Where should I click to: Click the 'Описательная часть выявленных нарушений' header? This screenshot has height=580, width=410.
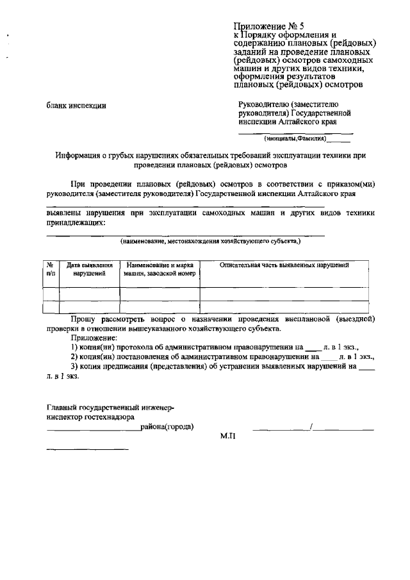pos(284,265)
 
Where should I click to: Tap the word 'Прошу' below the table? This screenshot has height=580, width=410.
pos(84,318)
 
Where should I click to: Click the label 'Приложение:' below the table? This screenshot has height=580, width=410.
pos(94,336)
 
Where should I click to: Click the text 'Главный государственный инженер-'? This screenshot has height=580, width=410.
pos(110,408)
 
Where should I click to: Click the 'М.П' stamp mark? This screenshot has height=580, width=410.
pos(228,435)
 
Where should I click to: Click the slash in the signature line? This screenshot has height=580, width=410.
pos(311,427)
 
